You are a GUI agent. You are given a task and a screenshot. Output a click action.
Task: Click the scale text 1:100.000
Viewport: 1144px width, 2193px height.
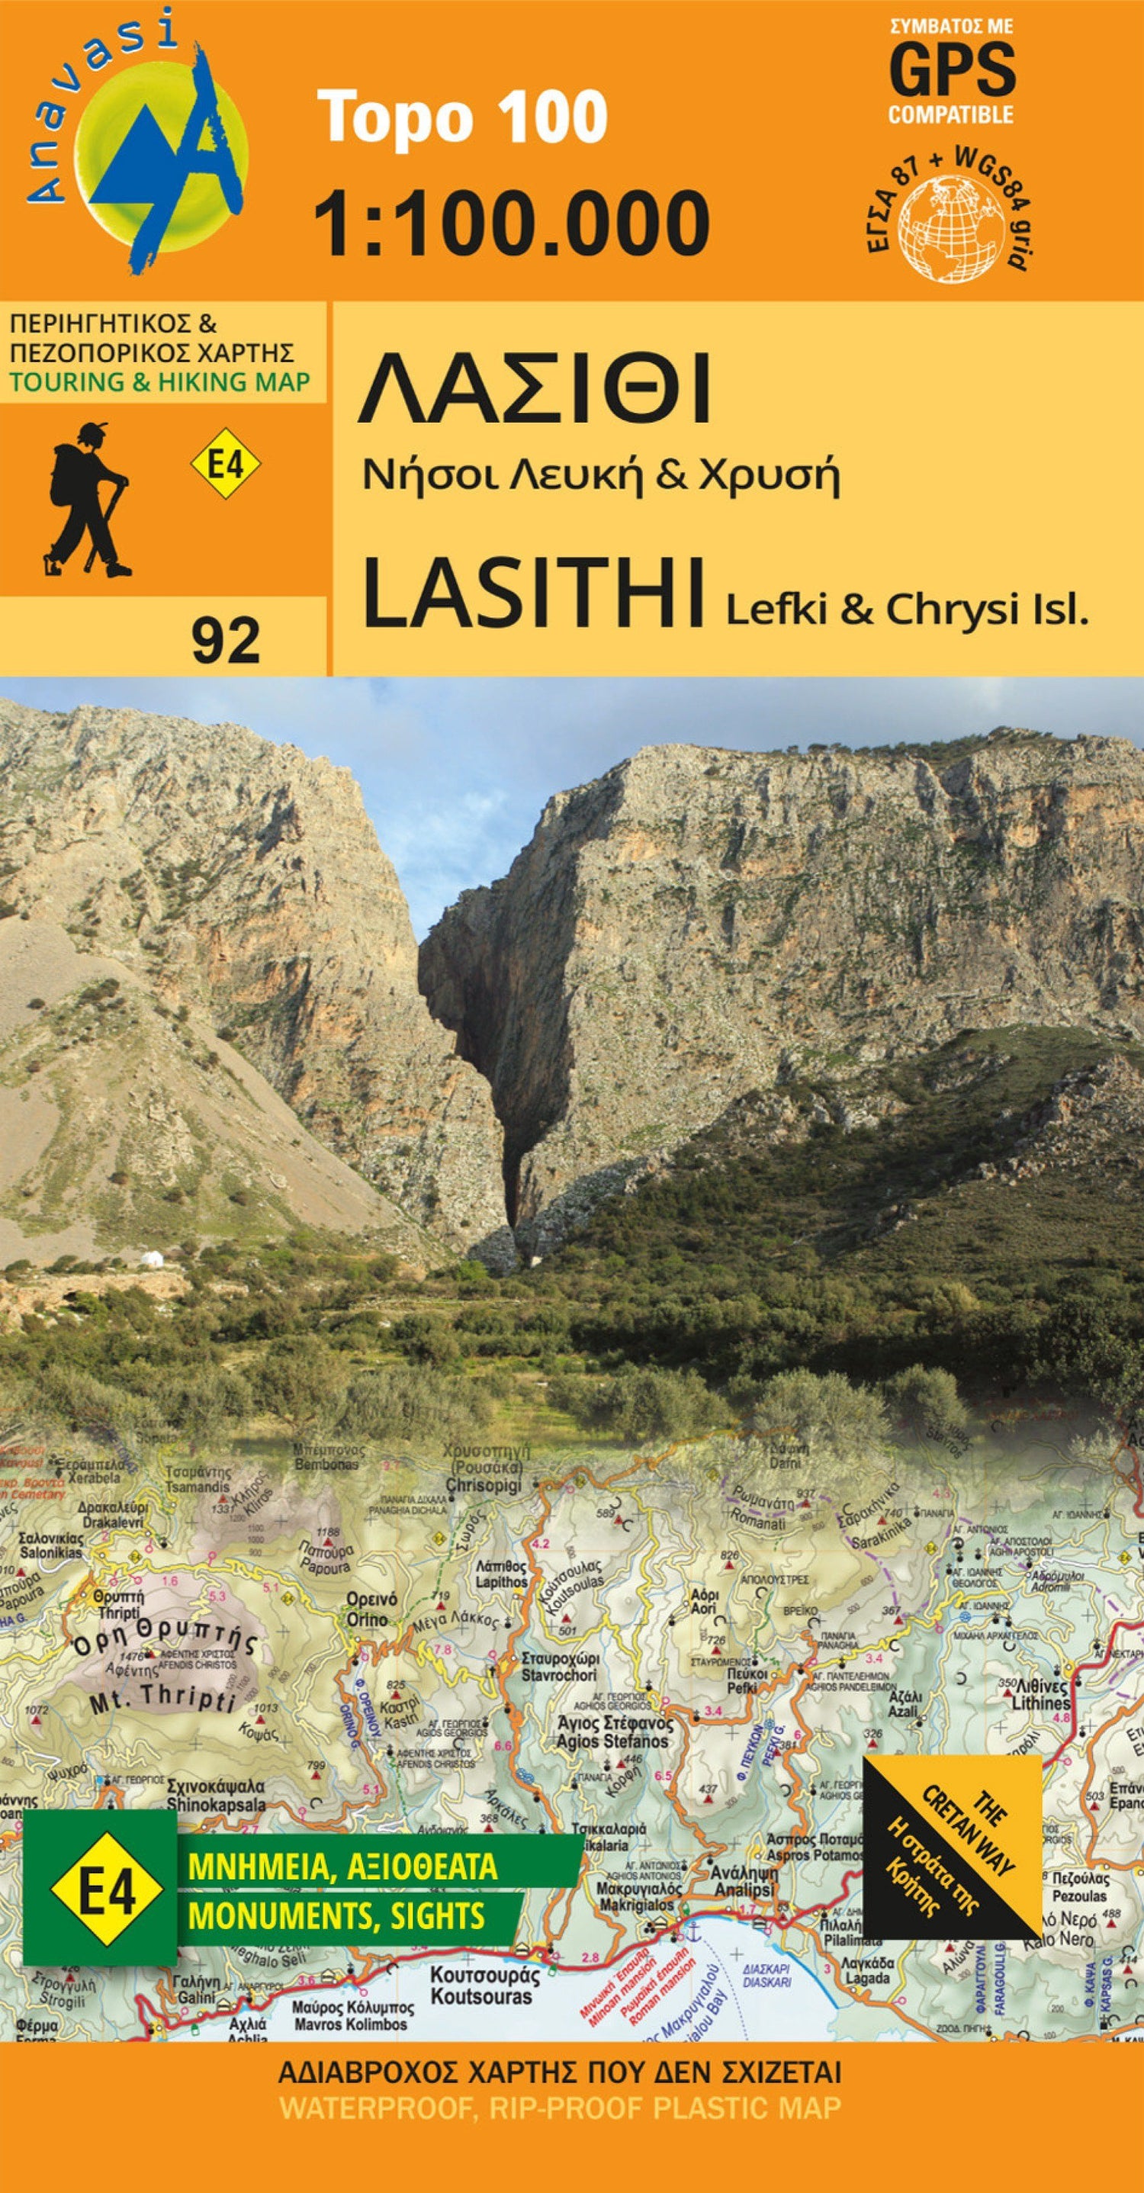(512, 223)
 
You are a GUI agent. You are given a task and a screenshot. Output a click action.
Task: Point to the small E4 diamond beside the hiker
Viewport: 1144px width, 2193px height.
(225, 465)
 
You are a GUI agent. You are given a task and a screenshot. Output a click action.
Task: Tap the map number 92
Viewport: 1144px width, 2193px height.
(225, 640)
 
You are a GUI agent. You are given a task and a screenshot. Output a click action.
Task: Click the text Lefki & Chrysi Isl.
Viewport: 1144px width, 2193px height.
(907, 609)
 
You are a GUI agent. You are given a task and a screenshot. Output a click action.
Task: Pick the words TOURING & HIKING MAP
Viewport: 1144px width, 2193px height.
(160, 382)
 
